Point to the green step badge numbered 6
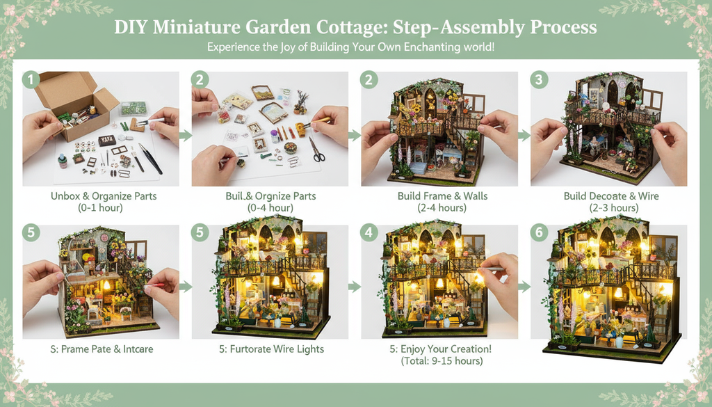click(538, 232)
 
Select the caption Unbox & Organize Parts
click(104, 196)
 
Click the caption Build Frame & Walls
click(442, 196)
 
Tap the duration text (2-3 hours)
click(611, 208)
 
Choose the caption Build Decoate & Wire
click(611, 196)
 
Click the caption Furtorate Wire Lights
click(273, 349)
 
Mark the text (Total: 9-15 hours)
click(442, 361)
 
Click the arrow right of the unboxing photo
click(185, 135)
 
